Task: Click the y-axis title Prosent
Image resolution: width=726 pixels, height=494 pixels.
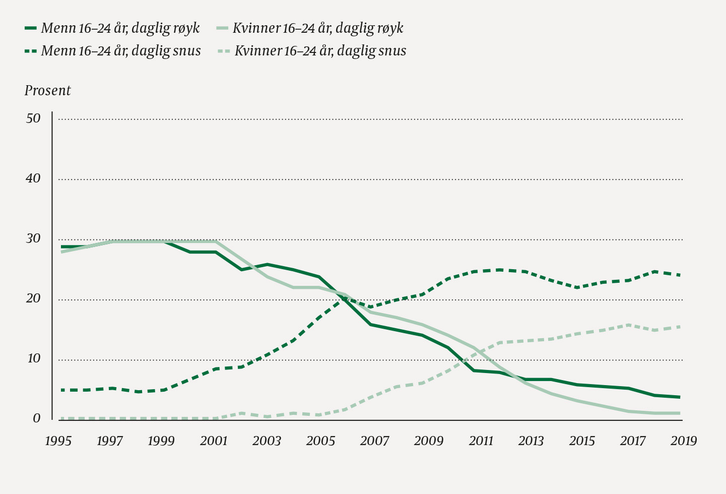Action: point(48,91)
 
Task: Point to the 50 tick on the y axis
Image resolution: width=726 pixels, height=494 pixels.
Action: point(33,119)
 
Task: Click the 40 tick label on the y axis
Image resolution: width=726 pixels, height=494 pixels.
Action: point(33,179)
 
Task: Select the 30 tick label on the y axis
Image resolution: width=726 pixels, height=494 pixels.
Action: point(33,239)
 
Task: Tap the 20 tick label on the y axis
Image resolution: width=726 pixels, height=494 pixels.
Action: point(33,299)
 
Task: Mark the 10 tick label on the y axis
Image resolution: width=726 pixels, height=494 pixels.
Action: point(33,359)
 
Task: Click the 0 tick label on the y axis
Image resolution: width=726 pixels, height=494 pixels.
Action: point(36,419)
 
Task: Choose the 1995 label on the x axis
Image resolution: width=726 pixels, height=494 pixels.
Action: point(58,441)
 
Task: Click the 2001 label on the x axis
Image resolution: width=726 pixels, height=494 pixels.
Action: point(214,441)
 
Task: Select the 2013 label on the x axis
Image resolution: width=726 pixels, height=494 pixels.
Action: point(531,441)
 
